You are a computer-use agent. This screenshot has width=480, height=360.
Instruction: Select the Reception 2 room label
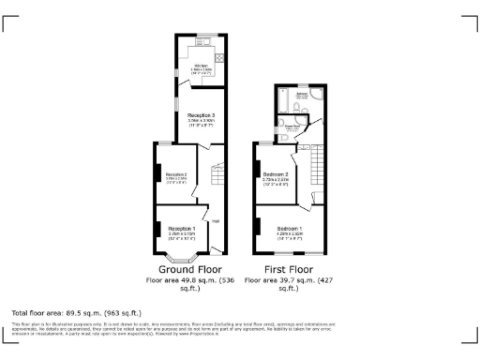click(177, 174)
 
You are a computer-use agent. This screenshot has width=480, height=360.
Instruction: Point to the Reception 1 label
click(181, 228)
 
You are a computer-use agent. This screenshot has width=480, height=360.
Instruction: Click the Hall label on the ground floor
click(215, 221)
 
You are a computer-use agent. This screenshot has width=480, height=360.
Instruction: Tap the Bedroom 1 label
click(289, 228)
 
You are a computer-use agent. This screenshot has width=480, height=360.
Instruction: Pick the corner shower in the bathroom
click(317, 94)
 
